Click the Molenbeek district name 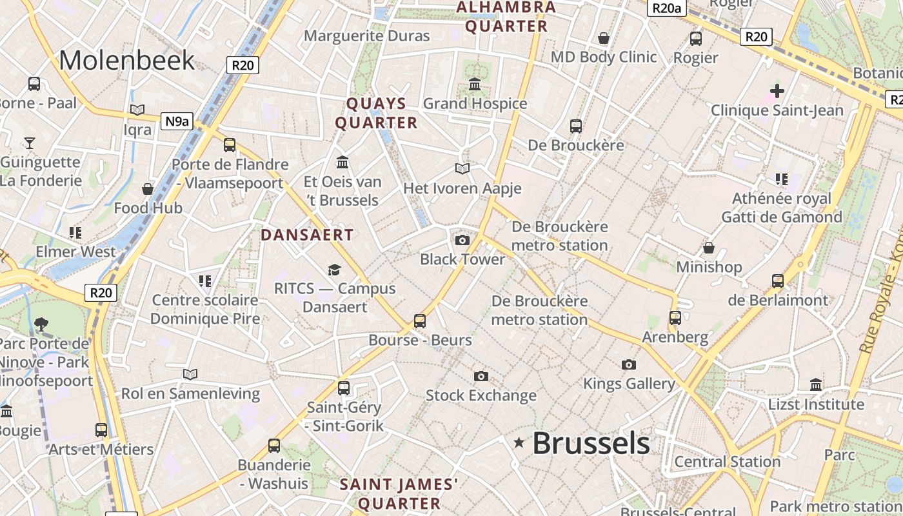coord(126,60)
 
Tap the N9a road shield coord(177,121)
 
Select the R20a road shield coord(667,8)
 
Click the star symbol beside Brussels coord(519,442)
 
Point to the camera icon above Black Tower coord(462,241)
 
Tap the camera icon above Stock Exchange coord(481,376)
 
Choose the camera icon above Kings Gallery coord(628,365)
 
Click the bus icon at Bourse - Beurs coord(420,321)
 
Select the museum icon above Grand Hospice coord(475,84)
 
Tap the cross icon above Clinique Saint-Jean coord(777,91)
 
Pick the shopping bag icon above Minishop coord(708,248)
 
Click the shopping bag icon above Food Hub coord(148,189)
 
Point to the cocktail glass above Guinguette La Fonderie coord(30,143)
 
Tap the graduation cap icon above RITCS coord(334,270)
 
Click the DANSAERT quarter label coord(307,235)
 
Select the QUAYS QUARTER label coord(377,113)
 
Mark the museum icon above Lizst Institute coord(815,385)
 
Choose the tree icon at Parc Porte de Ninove coord(42,323)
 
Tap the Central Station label coord(727,462)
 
